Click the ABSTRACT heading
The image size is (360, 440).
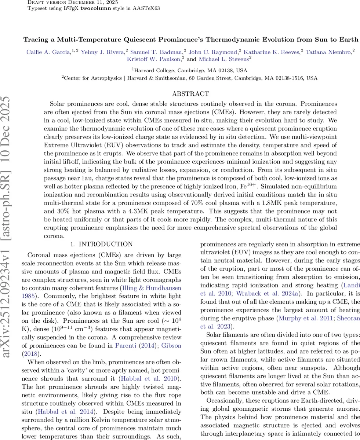point(190,94)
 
